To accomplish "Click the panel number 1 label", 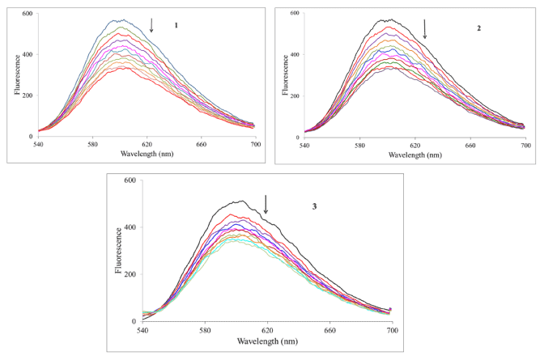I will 175,25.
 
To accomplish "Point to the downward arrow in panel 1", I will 151,25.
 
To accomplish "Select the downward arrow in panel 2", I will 425,29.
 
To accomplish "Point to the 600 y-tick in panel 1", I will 27,15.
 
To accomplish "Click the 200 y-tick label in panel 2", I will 294,96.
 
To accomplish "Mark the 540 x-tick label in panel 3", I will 142,330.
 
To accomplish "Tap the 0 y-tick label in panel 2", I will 298,138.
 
